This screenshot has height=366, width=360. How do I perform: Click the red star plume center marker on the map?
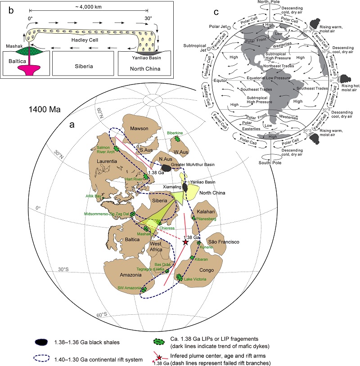tap(185, 242)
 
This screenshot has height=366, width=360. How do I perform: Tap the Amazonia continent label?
tap(118, 273)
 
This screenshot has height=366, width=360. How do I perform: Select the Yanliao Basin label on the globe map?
tap(200, 182)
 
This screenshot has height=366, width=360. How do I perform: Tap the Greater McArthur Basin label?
tap(193, 165)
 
